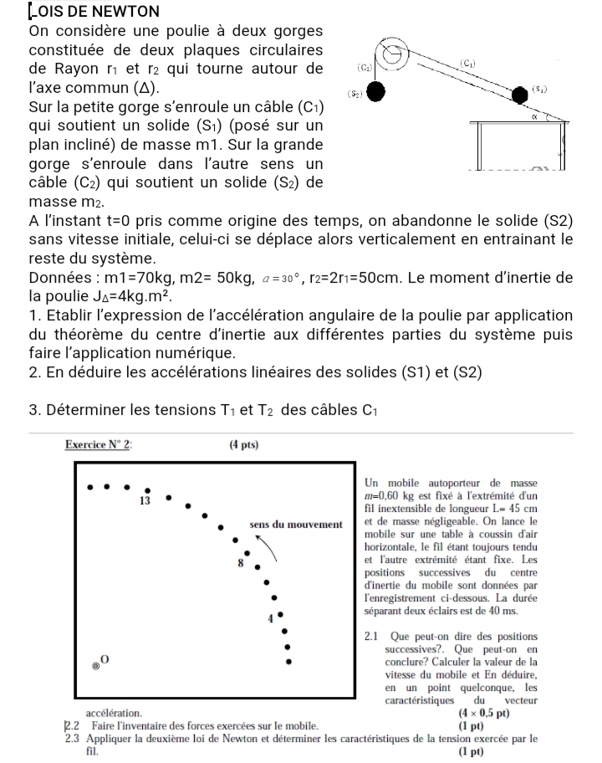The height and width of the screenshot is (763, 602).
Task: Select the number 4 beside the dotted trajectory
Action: tap(270, 619)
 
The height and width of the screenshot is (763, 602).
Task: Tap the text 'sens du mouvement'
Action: tap(295, 525)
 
